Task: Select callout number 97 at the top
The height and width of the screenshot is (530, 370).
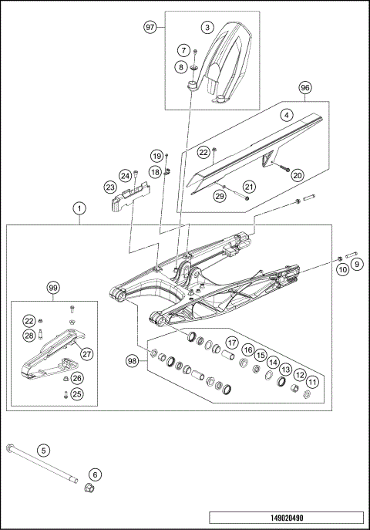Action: click(x=150, y=27)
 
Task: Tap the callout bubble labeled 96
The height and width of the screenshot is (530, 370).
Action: click(x=305, y=88)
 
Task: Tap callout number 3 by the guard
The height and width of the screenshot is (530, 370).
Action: click(x=207, y=27)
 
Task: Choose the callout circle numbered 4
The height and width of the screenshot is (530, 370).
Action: click(x=285, y=116)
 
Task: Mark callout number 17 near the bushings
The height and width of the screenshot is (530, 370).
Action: click(x=230, y=342)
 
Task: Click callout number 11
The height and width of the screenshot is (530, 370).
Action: click(x=311, y=382)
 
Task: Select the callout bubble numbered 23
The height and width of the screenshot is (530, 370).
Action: click(x=110, y=187)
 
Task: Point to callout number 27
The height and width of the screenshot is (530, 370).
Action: click(x=86, y=354)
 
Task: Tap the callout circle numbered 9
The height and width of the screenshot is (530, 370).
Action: click(x=357, y=265)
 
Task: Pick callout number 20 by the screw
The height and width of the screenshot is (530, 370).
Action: click(x=297, y=175)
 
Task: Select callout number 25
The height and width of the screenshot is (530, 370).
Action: click(x=77, y=394)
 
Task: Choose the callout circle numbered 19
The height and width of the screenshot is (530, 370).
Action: click(x=156, y=156)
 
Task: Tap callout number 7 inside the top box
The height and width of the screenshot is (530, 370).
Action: click(x=183, y=50)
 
